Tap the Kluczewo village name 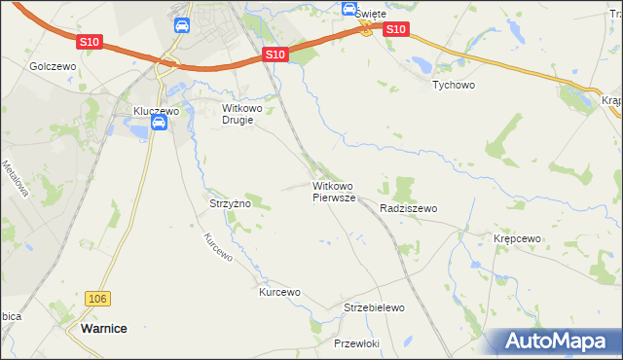click(157, 112)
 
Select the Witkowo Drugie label click(238, 114)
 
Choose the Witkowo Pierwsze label click(334, 191)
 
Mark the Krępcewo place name click(517, 238)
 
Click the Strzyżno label click(231, 204)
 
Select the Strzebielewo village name click(374, 307)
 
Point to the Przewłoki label click(355, 343)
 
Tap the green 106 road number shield click(95, 298)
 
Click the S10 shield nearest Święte click(395, 30)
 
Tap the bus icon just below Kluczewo click(171, 125)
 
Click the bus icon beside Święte click(348, 9)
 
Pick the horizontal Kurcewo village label click(279, 292)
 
